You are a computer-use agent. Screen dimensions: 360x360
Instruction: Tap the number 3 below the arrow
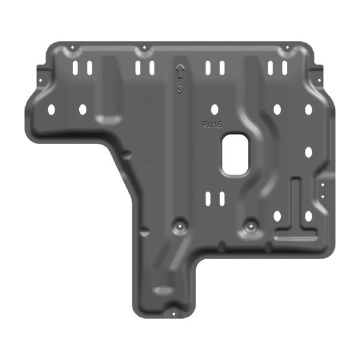[x=179, y=91]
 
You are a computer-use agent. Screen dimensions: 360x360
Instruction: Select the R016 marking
[x=212, y=124]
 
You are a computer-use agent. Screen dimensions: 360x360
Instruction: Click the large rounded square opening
[x=235, y=156]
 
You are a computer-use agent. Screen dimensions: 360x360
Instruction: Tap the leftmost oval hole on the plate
[x=51, y=110]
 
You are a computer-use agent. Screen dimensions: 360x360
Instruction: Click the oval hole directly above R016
[x=214, y=110]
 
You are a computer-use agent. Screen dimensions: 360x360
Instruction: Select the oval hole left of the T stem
[x=277, y=216]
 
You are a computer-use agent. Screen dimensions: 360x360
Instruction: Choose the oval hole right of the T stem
[x=308, y=216]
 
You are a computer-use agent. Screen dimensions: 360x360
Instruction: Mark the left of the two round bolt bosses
[x=178, y=226]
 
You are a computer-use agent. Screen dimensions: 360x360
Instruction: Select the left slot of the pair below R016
[x=208, y=198]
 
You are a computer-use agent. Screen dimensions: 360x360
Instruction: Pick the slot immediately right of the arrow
[x=208, y=68]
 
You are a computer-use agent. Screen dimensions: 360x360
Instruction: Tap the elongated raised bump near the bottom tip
[x=161, y=290]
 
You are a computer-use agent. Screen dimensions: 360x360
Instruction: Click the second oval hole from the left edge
[x=83, y=110]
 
